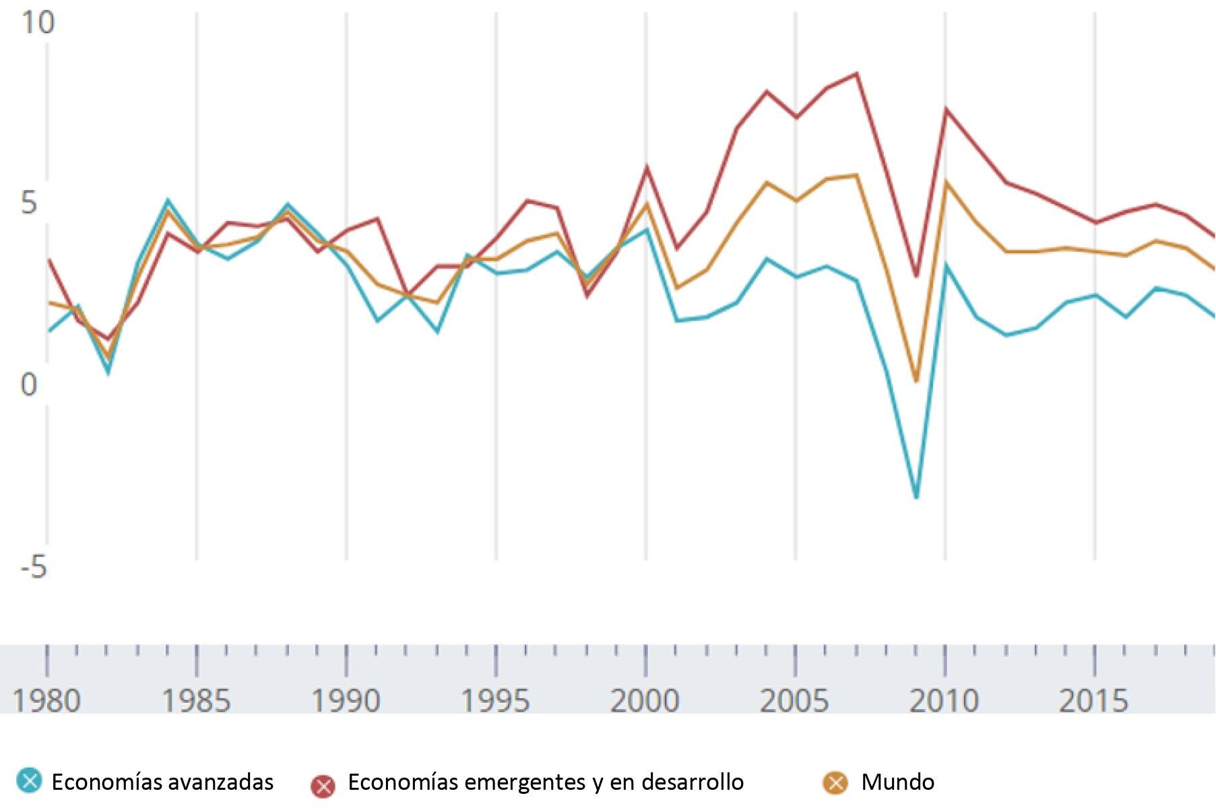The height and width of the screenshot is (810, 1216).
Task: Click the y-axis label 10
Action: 38,22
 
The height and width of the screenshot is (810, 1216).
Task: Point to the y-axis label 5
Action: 28,203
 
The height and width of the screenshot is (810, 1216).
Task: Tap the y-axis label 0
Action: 28,385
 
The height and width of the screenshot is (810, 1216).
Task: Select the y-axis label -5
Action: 34,567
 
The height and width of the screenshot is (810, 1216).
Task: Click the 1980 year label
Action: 46,700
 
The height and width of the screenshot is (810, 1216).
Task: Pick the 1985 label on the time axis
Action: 196,700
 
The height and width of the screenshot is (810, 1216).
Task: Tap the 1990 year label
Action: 346,700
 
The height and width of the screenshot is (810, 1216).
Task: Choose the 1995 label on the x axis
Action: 495,700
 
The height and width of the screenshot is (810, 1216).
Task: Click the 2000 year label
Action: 645,700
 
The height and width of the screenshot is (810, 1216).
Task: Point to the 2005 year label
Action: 795,700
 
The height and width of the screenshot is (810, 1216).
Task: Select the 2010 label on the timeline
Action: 945,700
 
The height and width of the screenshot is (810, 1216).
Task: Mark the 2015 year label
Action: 1094,700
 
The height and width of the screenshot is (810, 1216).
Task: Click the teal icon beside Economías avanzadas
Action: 28,781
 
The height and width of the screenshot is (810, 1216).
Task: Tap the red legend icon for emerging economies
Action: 323,785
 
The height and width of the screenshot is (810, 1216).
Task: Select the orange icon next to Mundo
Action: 836,782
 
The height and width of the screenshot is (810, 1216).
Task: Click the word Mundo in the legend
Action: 897,782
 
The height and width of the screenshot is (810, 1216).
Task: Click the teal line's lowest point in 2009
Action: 916,498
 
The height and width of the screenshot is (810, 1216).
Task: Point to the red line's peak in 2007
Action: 856,73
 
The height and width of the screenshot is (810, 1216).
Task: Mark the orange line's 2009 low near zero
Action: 916,381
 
